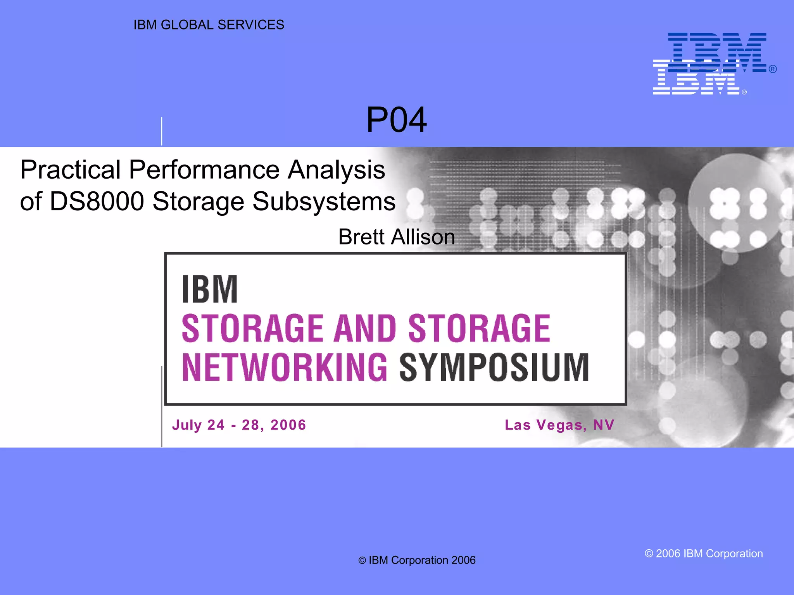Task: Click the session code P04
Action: pos(396,120)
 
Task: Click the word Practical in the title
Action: pos(71,170)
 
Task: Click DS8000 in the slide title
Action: pos(97,201)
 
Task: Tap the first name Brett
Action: pos(361,237)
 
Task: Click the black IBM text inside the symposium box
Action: pos(210,289)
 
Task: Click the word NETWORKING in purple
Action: pos(285,367)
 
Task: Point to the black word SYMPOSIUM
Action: pos(494,367)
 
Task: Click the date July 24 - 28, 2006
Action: pos(239,425)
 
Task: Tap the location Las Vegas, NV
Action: pos(559,425)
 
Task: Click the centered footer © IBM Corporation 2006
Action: pos(417,560)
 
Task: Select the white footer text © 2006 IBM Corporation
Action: pos(704,554)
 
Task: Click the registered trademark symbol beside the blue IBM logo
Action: pos(773,69)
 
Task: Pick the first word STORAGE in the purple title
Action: pos(252,328)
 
